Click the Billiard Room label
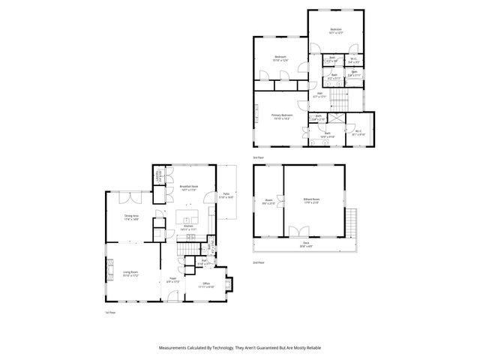(x=311, y=200)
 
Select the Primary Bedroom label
(x=282, y=116)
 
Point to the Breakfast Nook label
(x=189, y=187)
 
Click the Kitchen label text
(x=189, y=227)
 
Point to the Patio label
(x=226, y=196)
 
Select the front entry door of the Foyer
(x=172, y=298)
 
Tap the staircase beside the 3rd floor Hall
(x=342, y=99)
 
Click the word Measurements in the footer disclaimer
(x=173, y=348)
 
